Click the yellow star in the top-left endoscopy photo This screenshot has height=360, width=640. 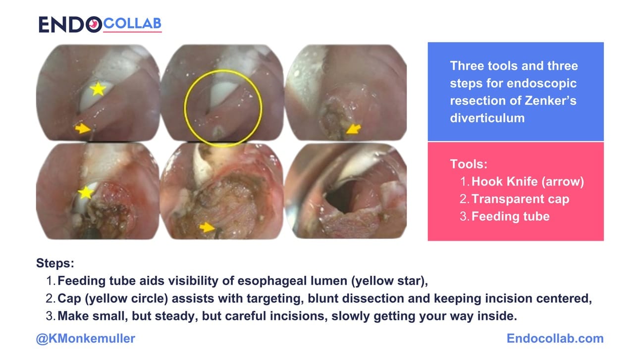98,89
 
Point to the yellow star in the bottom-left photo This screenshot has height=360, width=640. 86,192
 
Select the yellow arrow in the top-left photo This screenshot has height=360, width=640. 83,129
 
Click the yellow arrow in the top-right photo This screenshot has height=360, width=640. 353,129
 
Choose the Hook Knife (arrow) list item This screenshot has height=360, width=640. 528,182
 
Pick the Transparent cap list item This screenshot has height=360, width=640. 520,199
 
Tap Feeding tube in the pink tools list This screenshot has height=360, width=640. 510,216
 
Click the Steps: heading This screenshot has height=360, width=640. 55,263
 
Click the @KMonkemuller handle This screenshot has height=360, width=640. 86,339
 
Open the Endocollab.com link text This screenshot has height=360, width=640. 555,339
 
